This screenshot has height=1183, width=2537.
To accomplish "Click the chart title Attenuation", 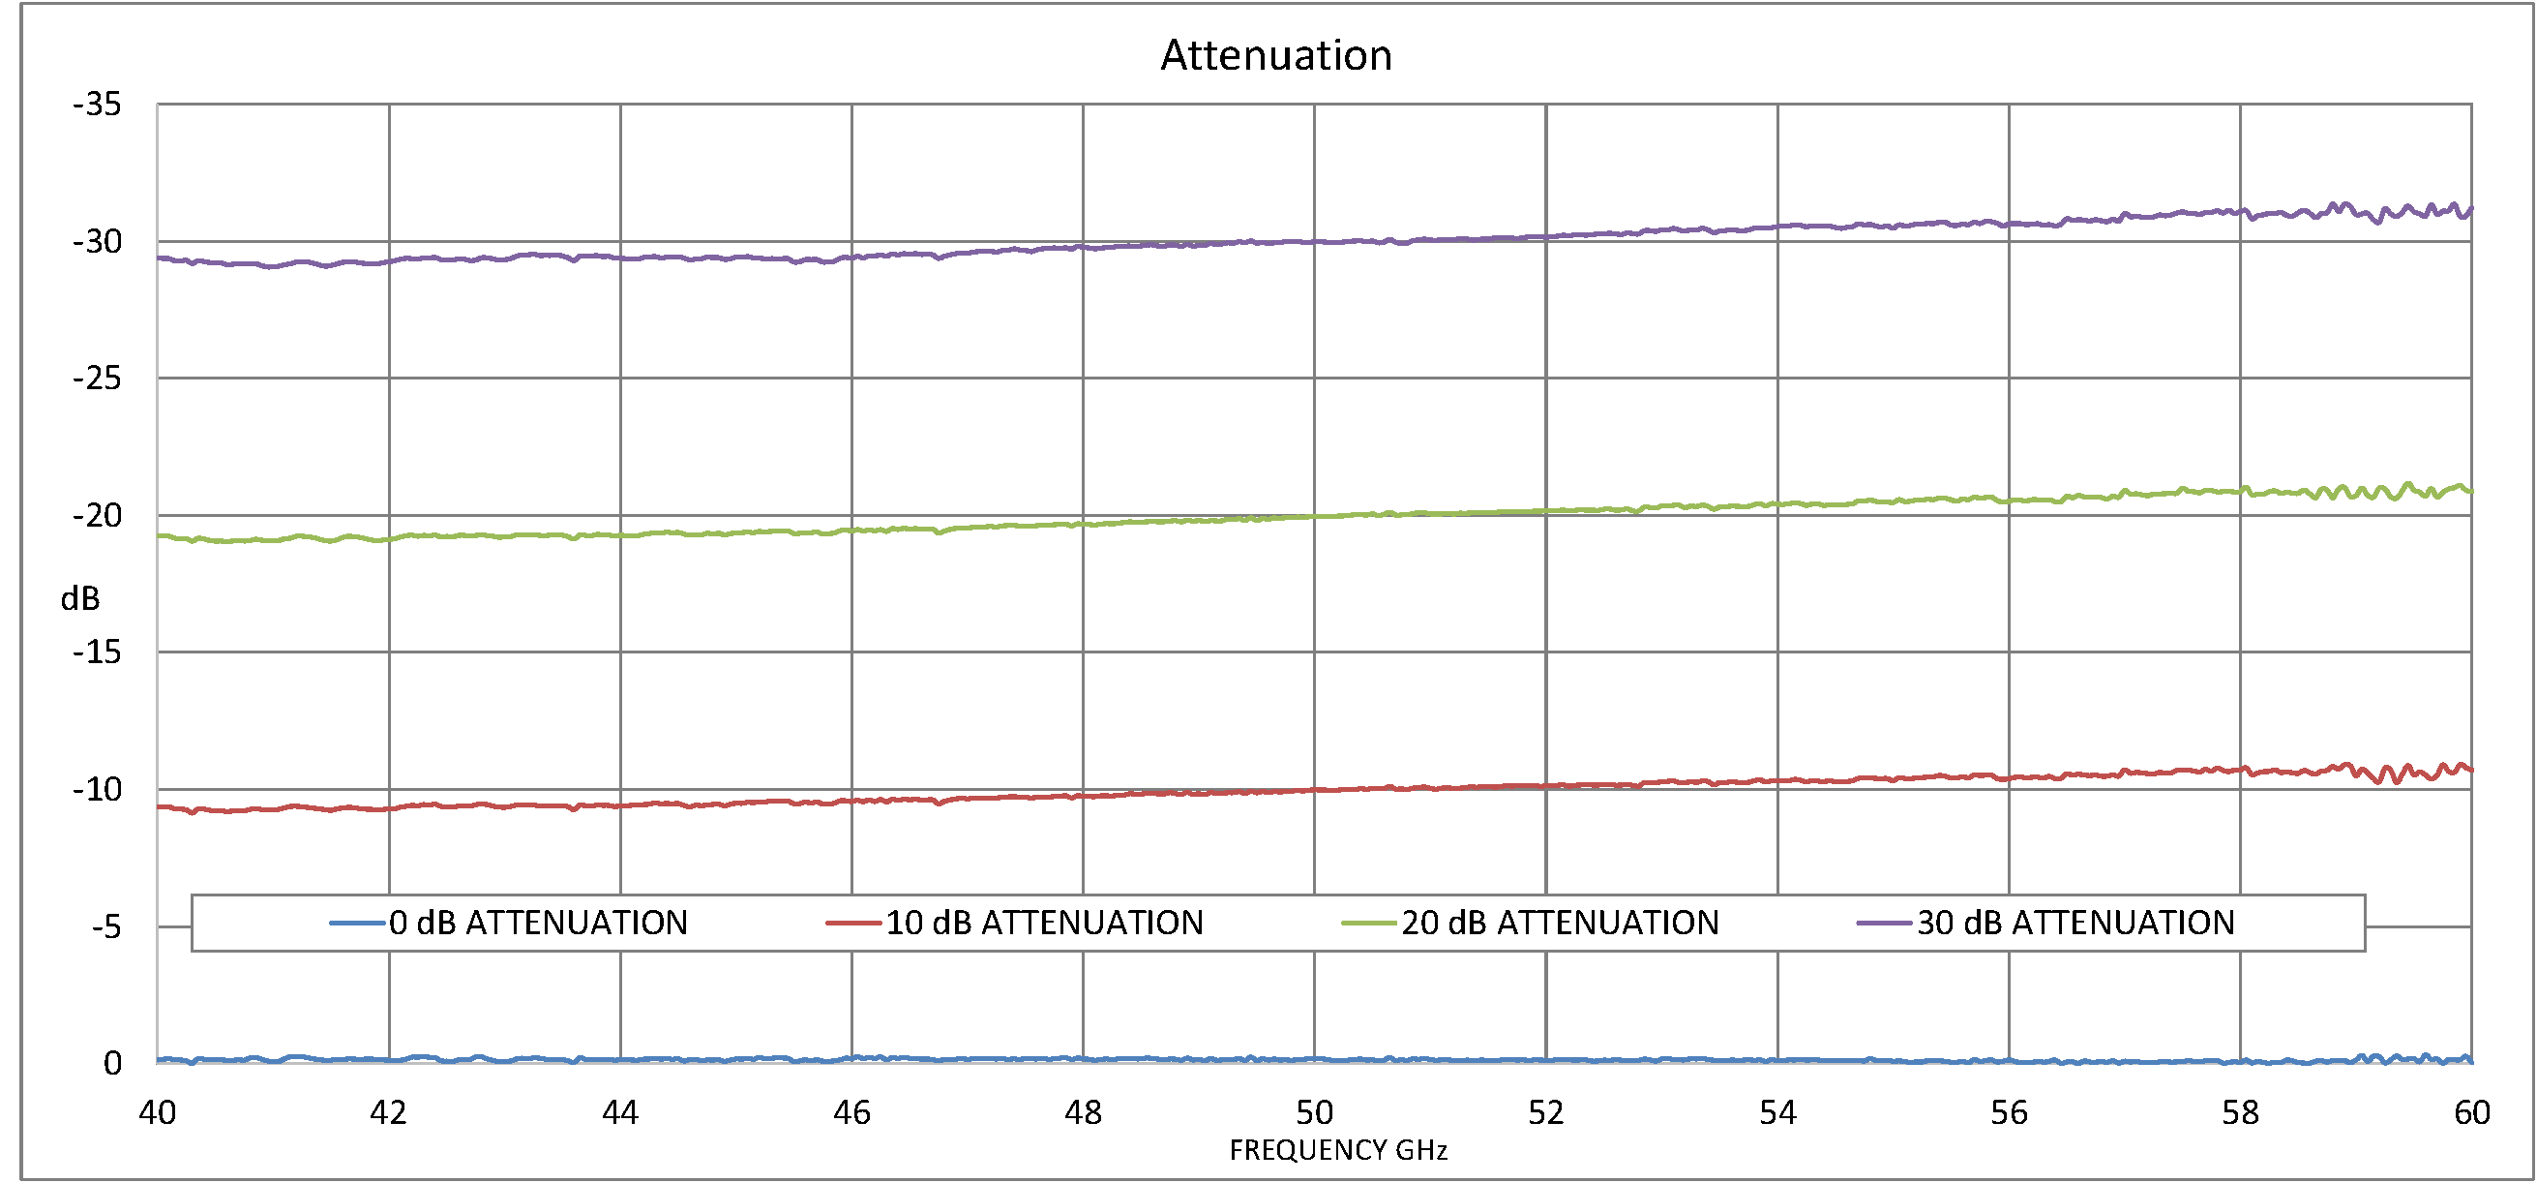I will coord(1276,55).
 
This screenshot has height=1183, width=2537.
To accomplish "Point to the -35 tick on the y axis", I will coord(97,105).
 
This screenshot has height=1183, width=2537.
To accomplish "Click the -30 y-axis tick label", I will coord(97,241).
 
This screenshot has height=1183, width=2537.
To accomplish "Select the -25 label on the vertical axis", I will coord(97,379).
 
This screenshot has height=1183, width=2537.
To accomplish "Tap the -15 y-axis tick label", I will coord(97,652).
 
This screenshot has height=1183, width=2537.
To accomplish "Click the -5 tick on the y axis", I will coord(106,926).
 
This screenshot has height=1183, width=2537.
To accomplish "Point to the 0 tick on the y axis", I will coord(112,1064).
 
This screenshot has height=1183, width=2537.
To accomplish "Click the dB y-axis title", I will coord(79,599).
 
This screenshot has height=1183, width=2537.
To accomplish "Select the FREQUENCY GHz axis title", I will coord(1338,1150).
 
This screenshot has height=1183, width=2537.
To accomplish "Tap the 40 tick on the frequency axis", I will coord(158,1113).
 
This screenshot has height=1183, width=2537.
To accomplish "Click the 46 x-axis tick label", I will coord(851,1113).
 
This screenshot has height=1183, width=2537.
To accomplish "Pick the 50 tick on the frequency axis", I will coord(1314,1113).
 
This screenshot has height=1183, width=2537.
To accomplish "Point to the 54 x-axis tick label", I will coord(1777,1113).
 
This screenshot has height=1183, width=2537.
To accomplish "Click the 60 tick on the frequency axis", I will coord(2471,1113).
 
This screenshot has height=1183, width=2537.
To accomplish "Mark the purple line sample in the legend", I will coord(1884,923).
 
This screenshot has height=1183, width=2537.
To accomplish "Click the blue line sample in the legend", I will coord(356,923).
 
